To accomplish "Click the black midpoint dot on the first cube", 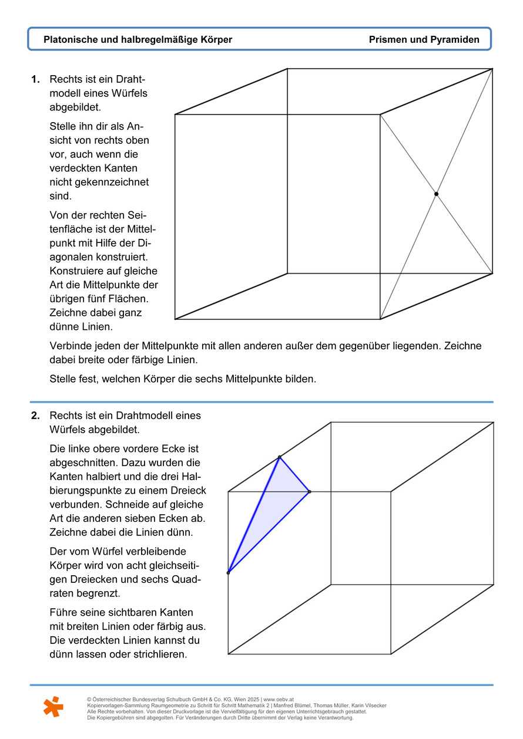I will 436,194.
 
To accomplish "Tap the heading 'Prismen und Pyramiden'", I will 424,40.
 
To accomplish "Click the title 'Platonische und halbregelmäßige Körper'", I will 138,40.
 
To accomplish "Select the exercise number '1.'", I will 35,79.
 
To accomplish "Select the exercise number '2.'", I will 35,416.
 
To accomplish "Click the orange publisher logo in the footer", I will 53,707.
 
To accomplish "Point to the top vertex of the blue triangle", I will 279,457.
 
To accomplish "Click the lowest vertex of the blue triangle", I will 228,572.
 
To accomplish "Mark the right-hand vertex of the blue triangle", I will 309,491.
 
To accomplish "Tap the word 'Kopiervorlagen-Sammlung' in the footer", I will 118,706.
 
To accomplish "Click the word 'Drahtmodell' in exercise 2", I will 122,416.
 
